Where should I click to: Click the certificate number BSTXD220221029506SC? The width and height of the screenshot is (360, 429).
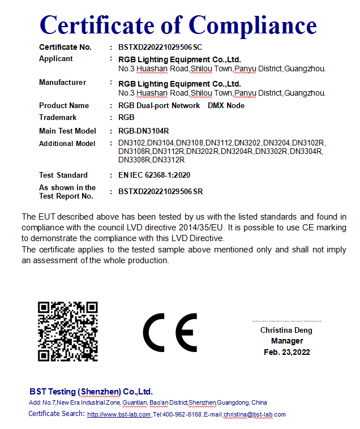[x=160, y=48]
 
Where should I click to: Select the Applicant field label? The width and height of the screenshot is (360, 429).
[x=56, y=59]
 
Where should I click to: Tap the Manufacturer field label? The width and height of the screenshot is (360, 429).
[x=62, y=83]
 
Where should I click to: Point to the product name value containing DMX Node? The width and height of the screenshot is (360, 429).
[x=181, y=106]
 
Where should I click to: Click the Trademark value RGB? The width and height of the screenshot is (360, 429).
[x=126, y=118]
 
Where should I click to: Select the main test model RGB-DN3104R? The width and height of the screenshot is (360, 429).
[x=144, y=131]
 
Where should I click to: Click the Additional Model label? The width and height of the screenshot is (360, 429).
[x=67, y=144]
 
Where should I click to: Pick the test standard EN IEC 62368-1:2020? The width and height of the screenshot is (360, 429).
[x=154, y=175]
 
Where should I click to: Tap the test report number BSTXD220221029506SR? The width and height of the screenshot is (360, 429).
[x=160, y=192]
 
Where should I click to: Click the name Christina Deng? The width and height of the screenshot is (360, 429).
[x=286, y=330]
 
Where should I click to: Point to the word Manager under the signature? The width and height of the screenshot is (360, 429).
[x=287, y=341]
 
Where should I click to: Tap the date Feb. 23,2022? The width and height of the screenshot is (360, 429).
[x=287, y=352]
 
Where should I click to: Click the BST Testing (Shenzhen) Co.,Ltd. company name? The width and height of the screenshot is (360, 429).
[x=91, y=392]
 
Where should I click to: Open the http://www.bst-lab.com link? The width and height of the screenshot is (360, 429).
[x=119, y=414]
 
